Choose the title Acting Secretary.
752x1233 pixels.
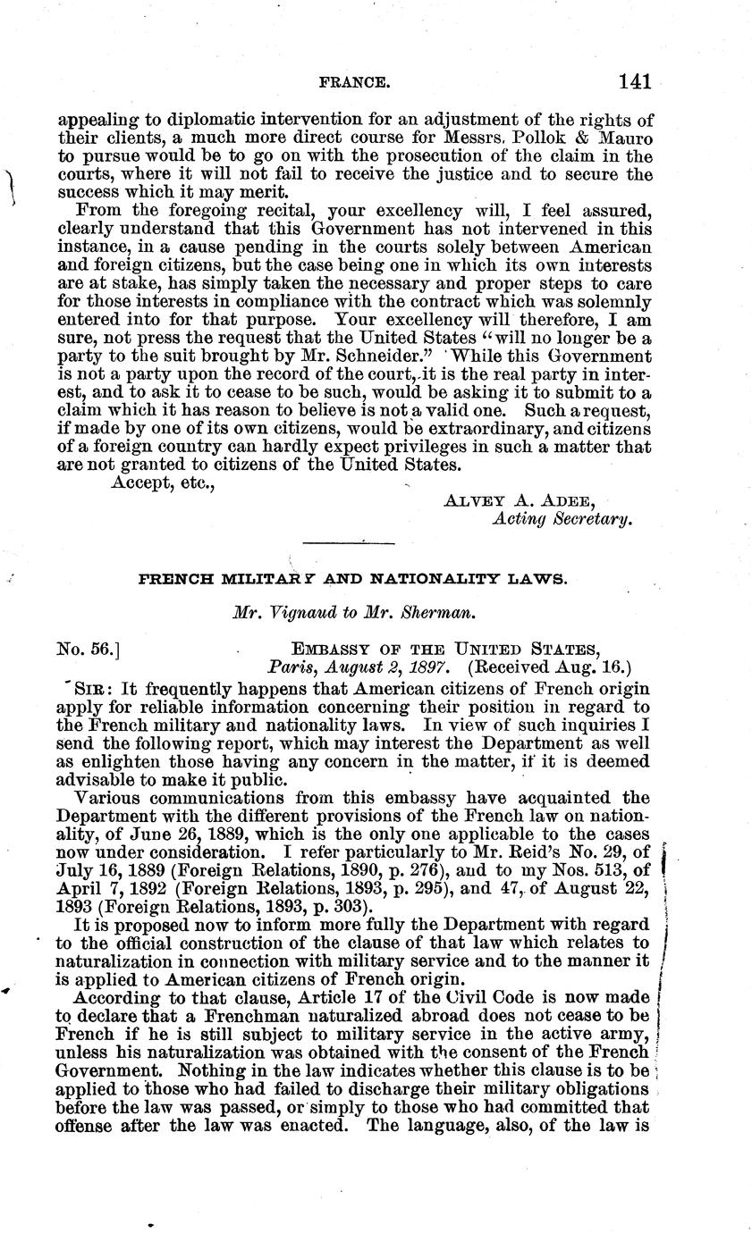click(562, 519)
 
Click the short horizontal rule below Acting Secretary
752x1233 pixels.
click(350, 541)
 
